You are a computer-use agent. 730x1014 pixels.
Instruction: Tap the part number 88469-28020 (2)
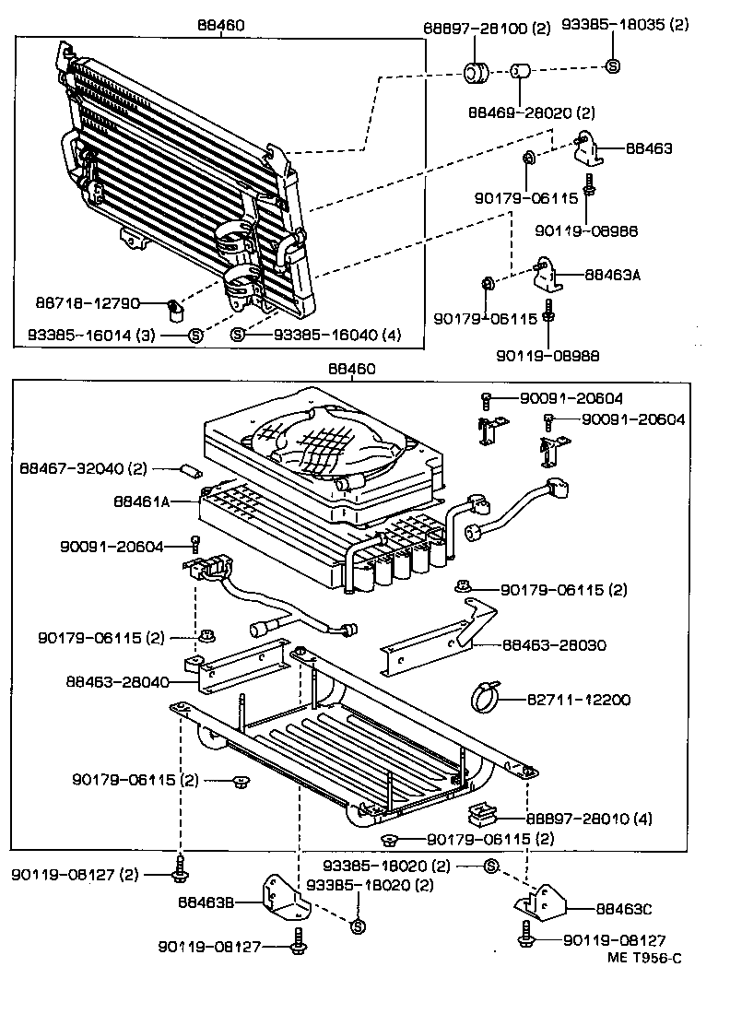point(531,112)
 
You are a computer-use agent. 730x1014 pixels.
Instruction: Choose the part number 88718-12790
point(88,302)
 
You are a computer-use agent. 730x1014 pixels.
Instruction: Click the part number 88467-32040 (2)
point(84,468)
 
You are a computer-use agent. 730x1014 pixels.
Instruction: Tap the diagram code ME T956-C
point(644,958)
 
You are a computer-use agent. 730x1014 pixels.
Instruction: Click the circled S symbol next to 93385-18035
point(613,65)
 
